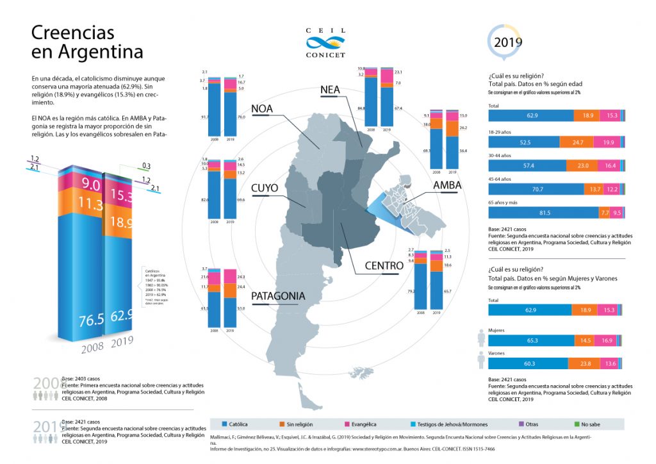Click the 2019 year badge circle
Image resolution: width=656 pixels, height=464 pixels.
coord(507,42)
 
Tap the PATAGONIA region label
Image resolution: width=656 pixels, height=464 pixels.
coord(278,297)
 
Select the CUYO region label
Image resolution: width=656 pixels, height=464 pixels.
coord(264,188)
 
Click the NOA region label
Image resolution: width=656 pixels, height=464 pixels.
coord(262,108)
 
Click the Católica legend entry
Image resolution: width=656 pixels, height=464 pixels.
coord(238,424)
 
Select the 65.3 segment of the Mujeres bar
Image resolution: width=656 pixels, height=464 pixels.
coord(531,341)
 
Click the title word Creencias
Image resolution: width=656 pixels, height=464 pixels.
coord(73,32)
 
